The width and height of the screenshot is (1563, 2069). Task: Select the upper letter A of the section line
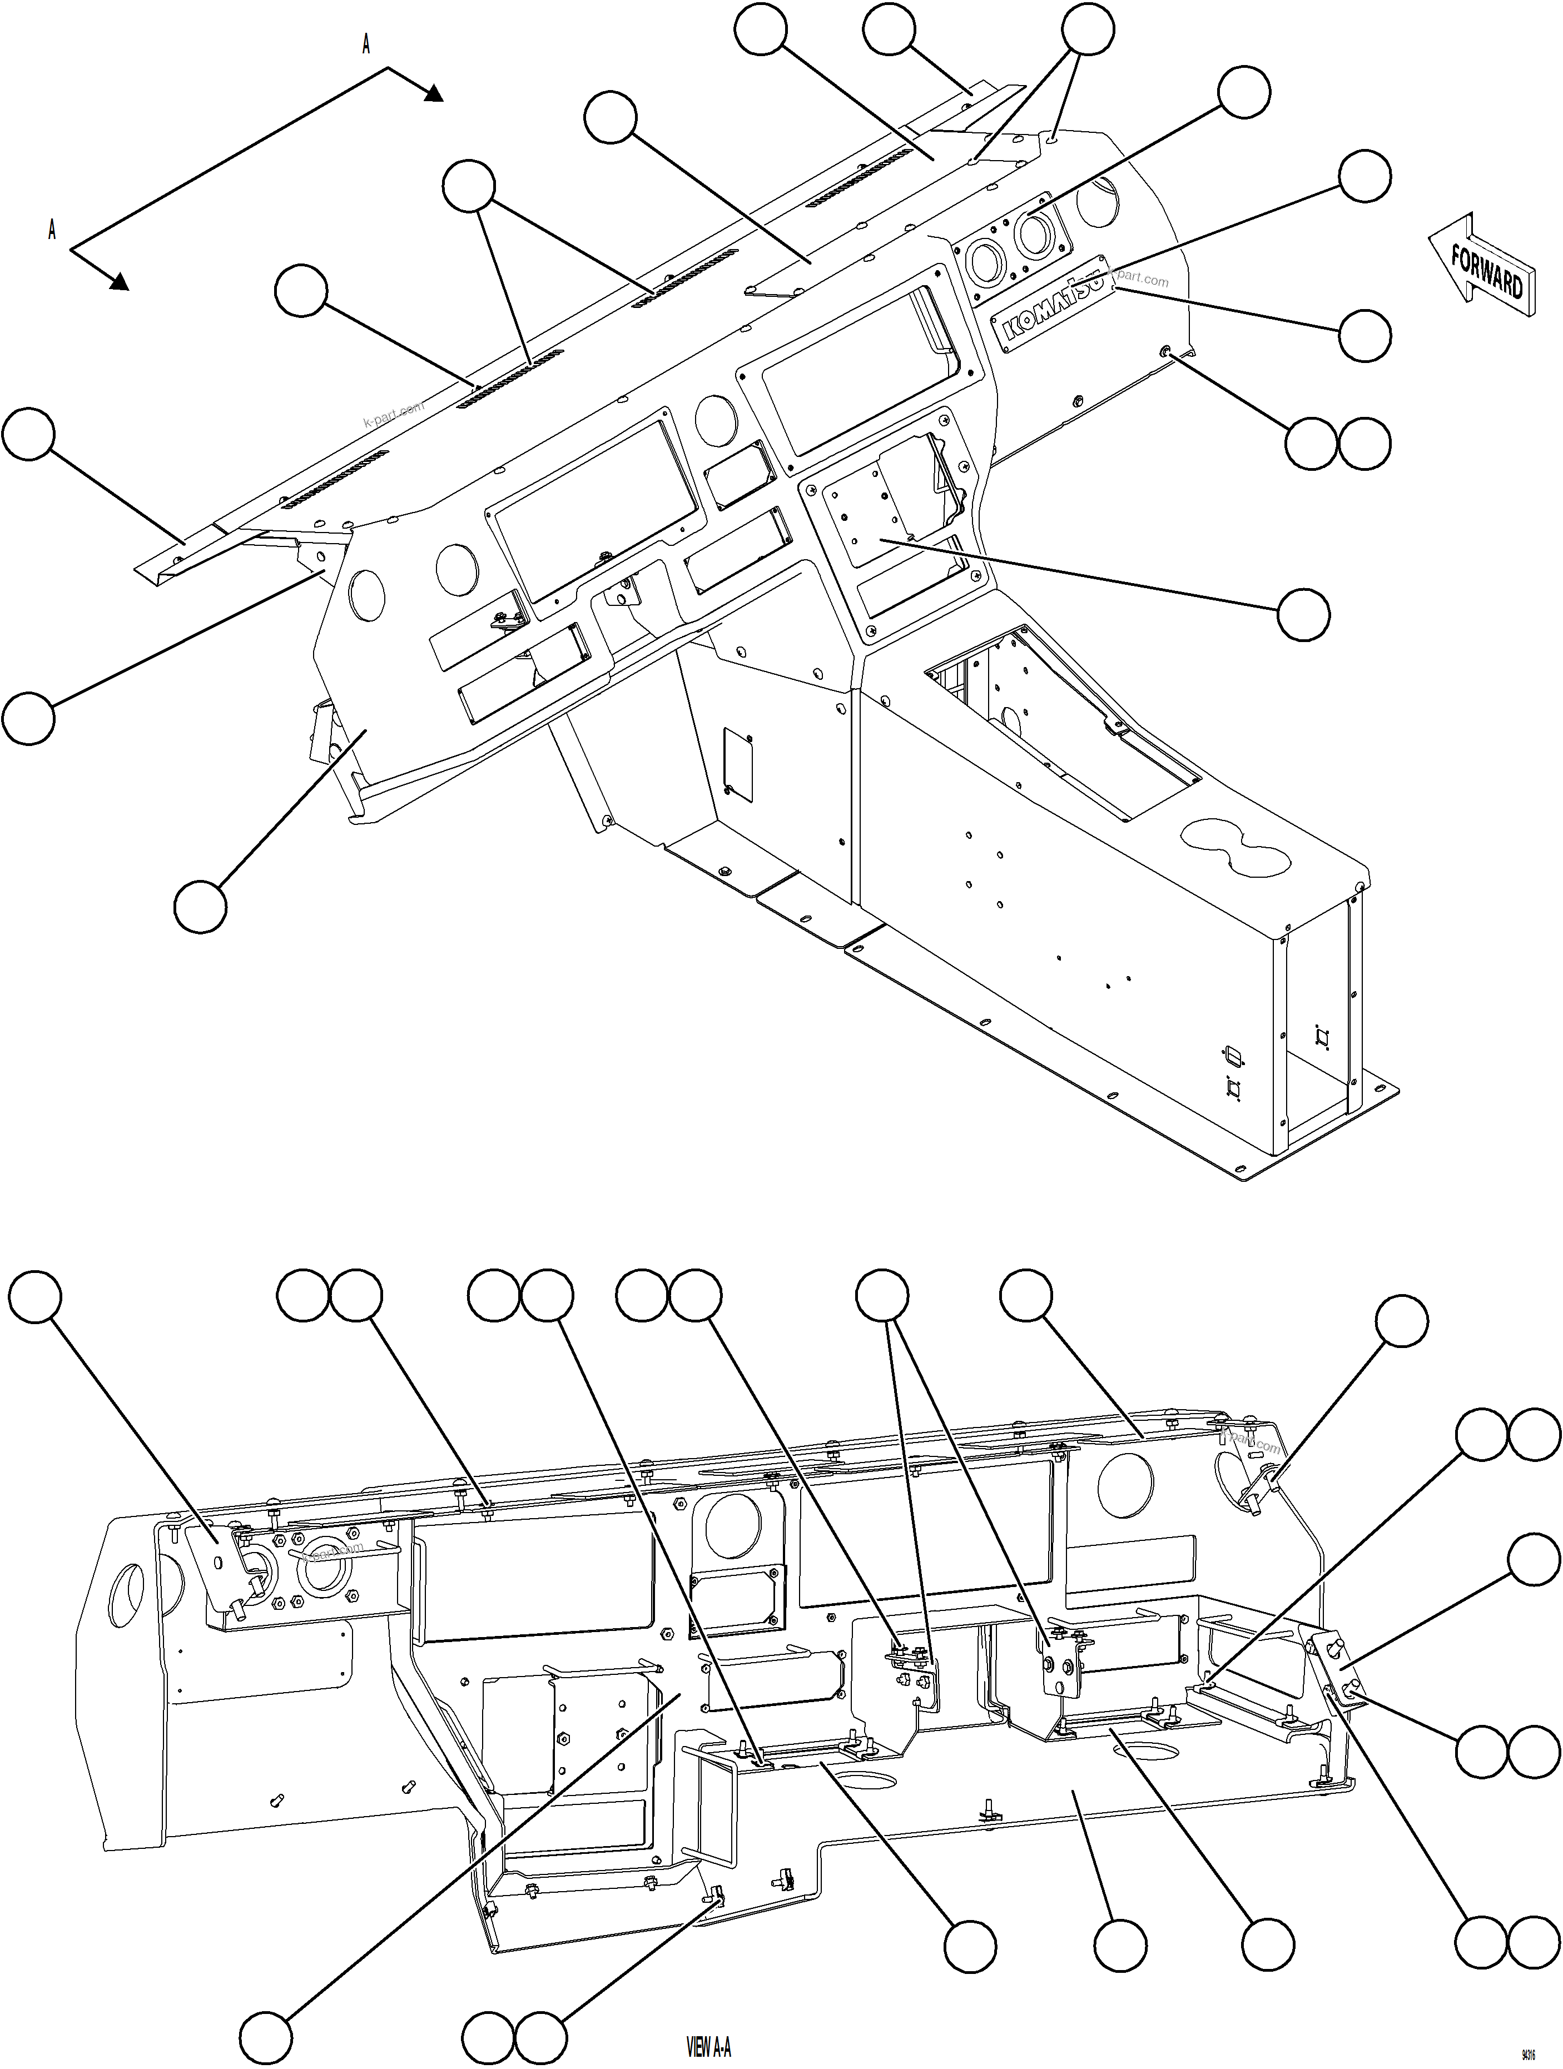click(x=366, y=44)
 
